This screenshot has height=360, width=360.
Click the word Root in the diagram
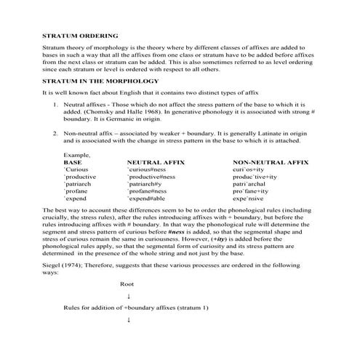pyautogui.click(x=127, y=284)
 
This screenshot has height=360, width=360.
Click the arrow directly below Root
pyautogui.click(x=129, y=296)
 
